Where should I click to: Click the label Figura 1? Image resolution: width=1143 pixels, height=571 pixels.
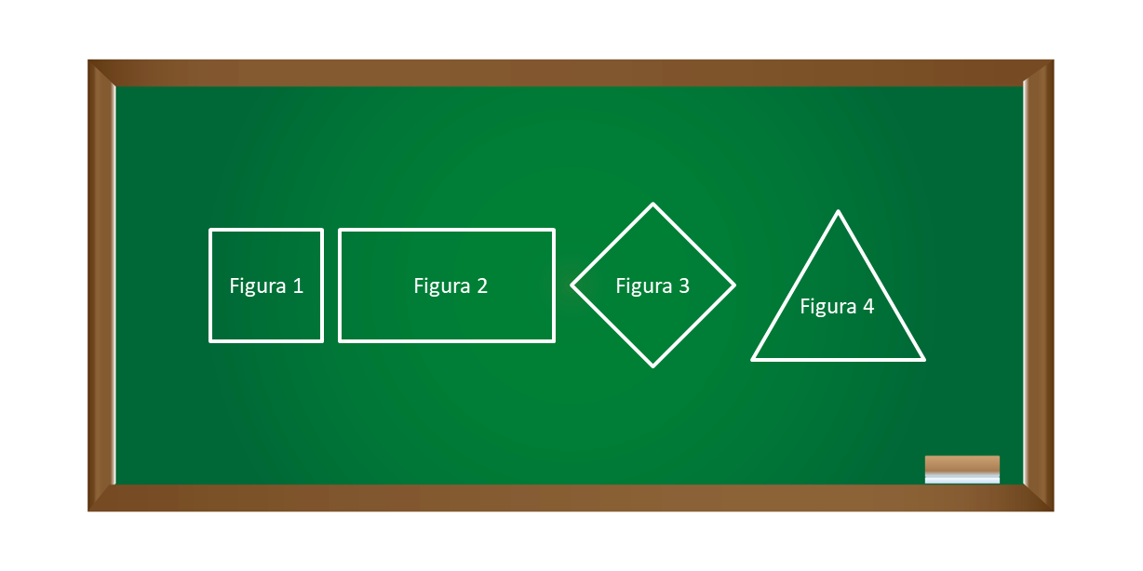coord(266,286)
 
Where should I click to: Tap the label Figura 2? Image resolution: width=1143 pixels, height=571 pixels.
coord(450,286)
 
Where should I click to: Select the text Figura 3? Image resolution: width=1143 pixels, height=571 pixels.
coord(652,286)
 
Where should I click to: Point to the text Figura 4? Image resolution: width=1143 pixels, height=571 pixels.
coord(837,307)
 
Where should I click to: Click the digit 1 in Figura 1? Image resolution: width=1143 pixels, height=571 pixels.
coord(298,286)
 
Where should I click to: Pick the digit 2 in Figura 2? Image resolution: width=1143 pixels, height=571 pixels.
coord(482,286)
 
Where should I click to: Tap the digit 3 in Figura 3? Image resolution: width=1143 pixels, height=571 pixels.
coord(684,286)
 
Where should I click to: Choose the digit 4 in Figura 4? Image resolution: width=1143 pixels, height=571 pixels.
coord(868,306)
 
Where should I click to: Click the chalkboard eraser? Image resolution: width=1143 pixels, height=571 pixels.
coord(962,470)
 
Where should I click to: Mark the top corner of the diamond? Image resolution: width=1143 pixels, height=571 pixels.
coord(653,204)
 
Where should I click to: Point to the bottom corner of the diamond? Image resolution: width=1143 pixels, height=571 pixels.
coord(653,366)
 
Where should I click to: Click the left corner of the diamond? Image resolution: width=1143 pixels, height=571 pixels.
coord(571,285)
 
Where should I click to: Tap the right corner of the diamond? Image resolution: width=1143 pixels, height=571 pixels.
coord(734,285)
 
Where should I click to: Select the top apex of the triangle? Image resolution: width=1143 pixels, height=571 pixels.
coord(838,211)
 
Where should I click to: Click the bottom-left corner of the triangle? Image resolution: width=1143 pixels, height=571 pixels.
coord(753,360)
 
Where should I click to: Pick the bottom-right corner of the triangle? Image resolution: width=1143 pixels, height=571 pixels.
coord(923,360)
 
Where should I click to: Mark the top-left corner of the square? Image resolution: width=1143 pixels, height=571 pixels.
coord(210,230)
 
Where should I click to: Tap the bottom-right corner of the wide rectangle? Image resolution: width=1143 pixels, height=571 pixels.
coord(554,341)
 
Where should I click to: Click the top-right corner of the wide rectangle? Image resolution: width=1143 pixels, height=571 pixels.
coord(554,230)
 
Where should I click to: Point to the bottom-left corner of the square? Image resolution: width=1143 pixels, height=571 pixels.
coord(210,341)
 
